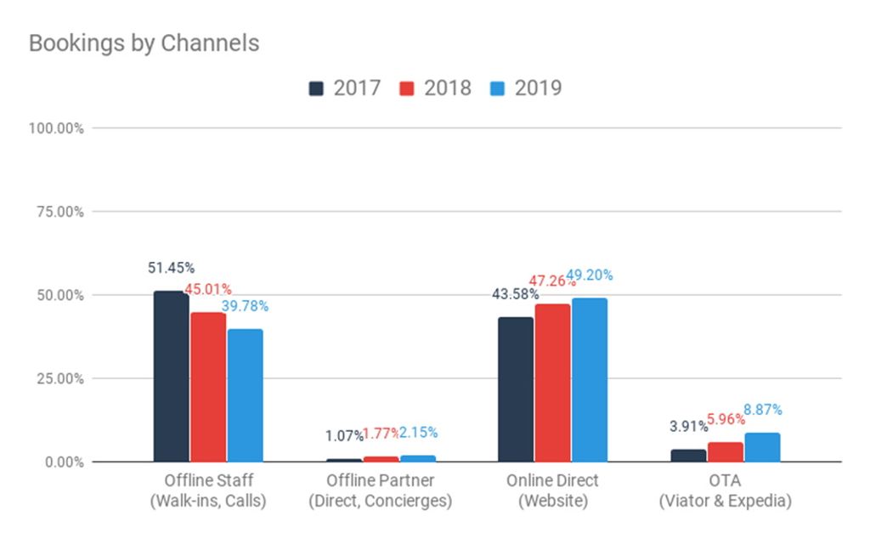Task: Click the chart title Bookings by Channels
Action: (144, 43)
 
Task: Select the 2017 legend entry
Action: (344, 88)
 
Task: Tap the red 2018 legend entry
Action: (435, 88)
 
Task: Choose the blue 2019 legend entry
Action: (526, 88)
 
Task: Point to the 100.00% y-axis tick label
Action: (56, 128)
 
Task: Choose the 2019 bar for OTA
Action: (762, 447)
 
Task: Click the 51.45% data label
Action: (172, 269)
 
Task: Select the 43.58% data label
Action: (515, 294)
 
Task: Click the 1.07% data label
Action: (344, 436)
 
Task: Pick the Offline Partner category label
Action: (380, 491)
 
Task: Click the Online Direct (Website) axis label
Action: (552, 491)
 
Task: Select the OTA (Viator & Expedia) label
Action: (725, 491)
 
